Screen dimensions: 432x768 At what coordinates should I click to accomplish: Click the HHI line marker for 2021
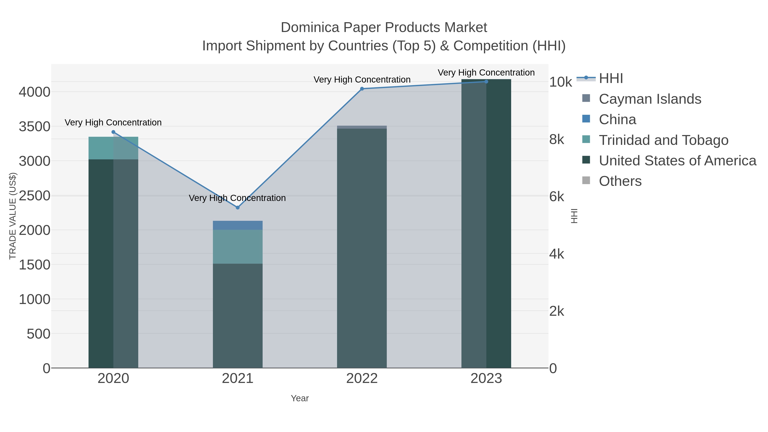(x=238, y=208)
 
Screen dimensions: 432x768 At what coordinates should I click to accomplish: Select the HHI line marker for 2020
(x=113, y=132)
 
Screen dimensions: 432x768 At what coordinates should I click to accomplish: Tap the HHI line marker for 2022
(x=362, y=89)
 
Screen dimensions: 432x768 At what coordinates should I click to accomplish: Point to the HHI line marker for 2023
(x=486, y=82)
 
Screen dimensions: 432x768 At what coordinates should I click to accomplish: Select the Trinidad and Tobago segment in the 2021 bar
(x=238, y=247)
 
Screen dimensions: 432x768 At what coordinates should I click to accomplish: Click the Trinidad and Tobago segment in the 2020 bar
(x=113, y=148)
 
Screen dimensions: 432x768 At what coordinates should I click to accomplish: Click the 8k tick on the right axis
(x=557, y=140)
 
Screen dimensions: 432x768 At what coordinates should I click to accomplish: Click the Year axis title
(x=300, y=398)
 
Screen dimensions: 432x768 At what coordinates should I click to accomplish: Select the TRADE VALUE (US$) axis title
(x=13, y=216)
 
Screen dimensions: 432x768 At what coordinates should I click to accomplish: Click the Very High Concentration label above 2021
(x=237, y=198)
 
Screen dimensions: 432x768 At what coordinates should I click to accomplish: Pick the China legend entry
(x=617, y=119)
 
